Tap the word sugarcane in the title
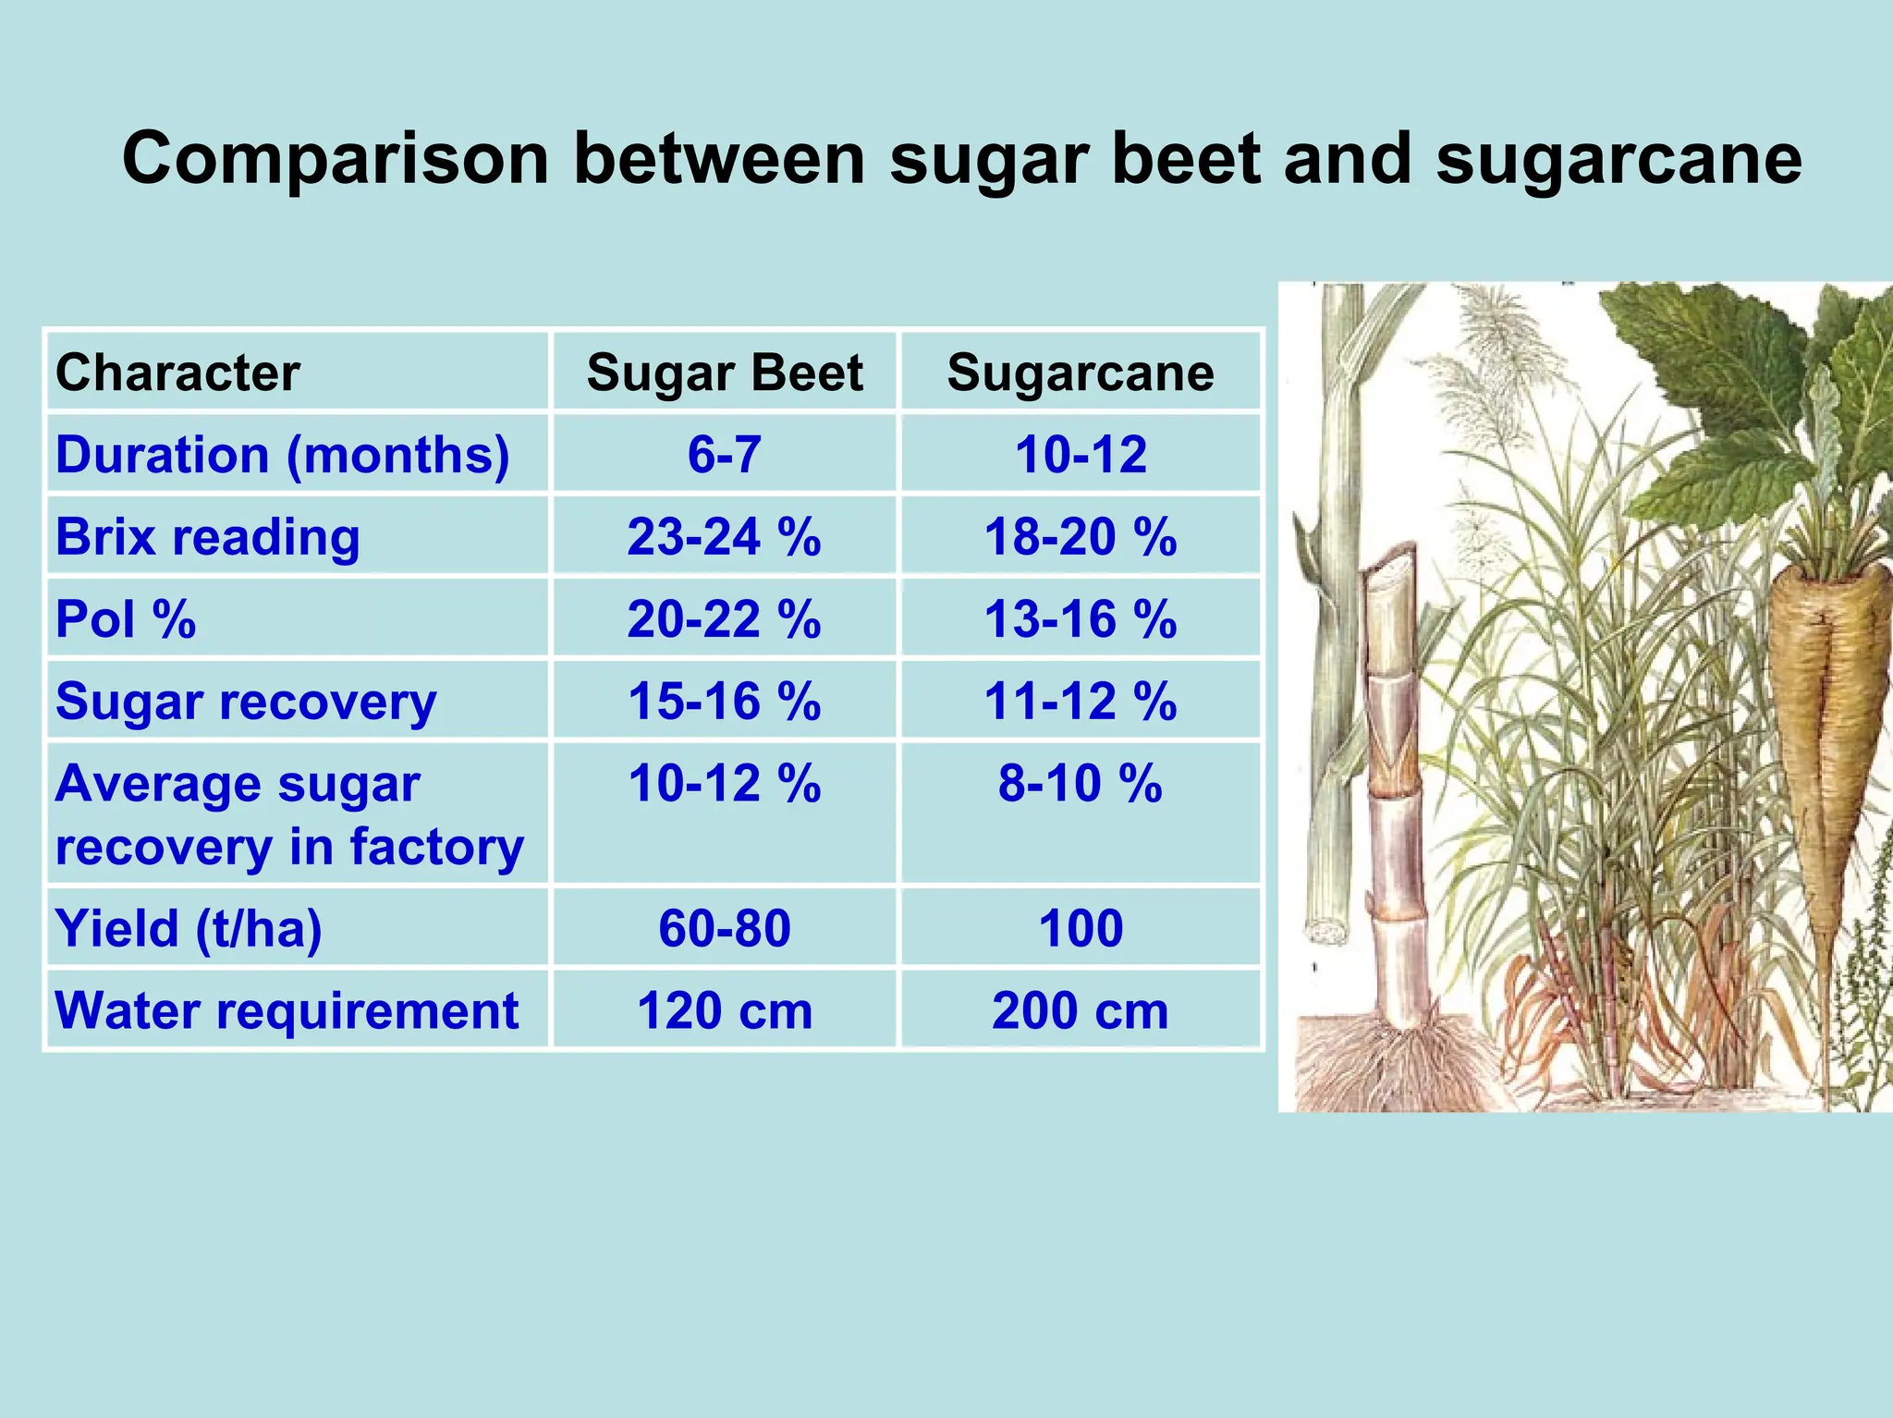(1618, 160)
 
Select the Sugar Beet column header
(724, 373)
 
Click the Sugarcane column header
(1080, 373)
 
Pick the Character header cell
(177, 373)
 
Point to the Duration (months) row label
(282, 455)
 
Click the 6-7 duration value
(724, 455)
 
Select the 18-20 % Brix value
(1080, 537)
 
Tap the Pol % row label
(126, 619)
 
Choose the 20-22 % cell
(724, 619)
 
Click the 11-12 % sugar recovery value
(1080, 701)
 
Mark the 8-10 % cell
(1080, 784)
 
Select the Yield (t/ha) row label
(189, 928)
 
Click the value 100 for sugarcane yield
(1080, 928)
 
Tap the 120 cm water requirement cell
(724, 1010)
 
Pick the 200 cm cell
(1080, 1010)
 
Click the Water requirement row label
(287, 1010)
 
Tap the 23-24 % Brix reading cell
(724, 537)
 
